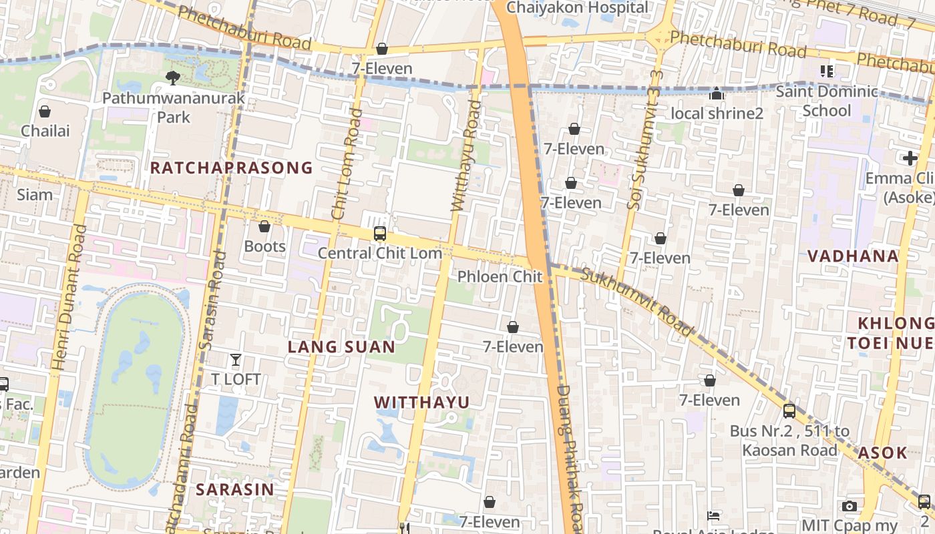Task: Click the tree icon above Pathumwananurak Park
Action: click(x=172, y=78)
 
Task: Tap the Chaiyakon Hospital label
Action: click(x=578, y=8)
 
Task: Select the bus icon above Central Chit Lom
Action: click(x=380, y=234)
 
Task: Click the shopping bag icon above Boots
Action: click(x=264, y=227)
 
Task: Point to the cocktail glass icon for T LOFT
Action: click(x=235, y=360)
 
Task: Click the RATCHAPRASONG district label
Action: click(x=231, y=168)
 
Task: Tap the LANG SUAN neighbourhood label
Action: click(x=341, y=347)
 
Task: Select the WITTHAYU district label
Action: click(x=421, y=403)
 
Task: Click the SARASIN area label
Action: click(x=234, y=489)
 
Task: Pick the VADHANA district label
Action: click(x=853, y=256)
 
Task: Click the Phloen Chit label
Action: click(x=500, y=276)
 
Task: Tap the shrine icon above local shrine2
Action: click(x=717, y=94)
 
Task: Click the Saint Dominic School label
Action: click(x=827, y=101)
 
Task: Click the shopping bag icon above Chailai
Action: click(x=45, y=111)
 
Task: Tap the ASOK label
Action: click(x=882, y=453)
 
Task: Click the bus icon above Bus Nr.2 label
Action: click(x=789, y=411)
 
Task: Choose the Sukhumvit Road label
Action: click(x=637, y=302)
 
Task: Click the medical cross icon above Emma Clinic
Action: click(x=910, y=158)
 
